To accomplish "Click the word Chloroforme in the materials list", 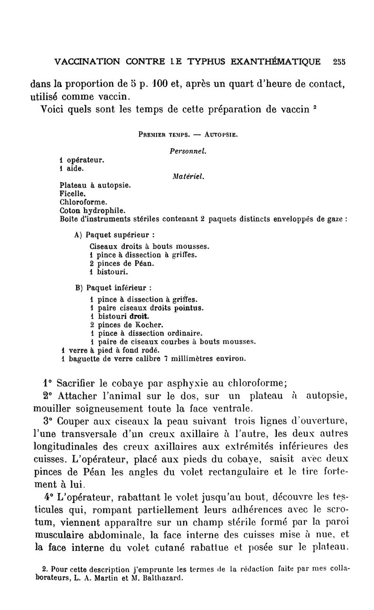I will pos(84,203).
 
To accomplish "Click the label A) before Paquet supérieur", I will pos(78,234).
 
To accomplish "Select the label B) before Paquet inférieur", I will pos(78,287).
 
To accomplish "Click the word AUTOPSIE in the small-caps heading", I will pos(222,135).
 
